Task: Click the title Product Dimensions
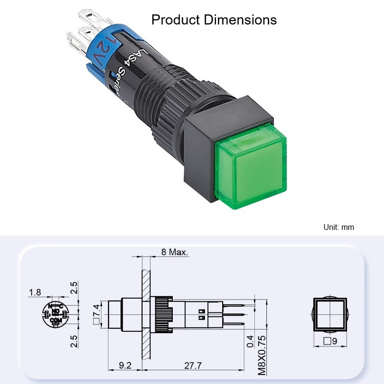[x=214, y=20]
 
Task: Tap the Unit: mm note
[x=339, y=227]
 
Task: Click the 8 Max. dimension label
[x=175, y=252]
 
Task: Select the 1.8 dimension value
[x=35, y=292]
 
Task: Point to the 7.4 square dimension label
[x=96, y=314]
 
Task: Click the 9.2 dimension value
[x=125, y=365]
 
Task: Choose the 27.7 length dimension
[x=193, y=365]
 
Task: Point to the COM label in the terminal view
[x=56, y=320]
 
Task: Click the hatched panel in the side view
[x=145, y=312]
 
